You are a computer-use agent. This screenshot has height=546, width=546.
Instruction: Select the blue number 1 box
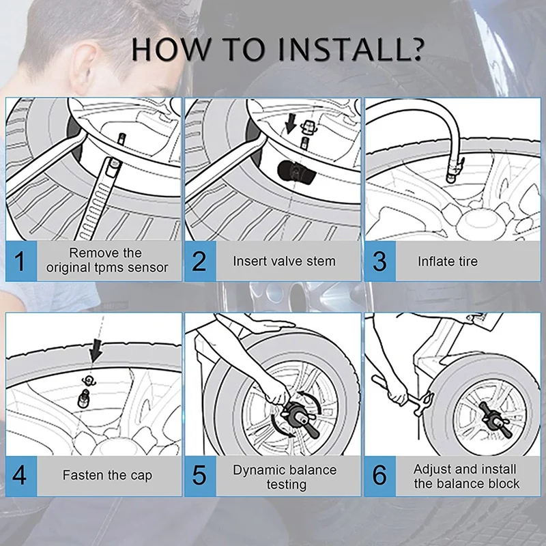click(x=21, y=261)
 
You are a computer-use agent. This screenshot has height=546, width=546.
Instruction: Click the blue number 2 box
click(x=201, y=261)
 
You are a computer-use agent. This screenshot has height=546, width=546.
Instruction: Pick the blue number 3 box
click(x=380, y=261)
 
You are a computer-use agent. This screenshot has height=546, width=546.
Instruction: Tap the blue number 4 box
click(x=21, y=476)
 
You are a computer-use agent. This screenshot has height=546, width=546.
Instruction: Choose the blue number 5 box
click(x=201, y=476)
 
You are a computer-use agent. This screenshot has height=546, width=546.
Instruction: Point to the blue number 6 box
click(x=380, y=476)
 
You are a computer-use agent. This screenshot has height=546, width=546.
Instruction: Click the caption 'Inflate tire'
click(x=448, y=261)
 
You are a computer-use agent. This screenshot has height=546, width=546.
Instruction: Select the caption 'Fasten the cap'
click(x=107, y=475)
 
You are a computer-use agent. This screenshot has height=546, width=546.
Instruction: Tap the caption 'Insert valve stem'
click(x=284, y=261)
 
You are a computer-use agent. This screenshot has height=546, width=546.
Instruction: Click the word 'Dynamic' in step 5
click(x=258, y=470)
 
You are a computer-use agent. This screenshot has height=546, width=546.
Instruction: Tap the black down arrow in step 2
click(x=290, y=124)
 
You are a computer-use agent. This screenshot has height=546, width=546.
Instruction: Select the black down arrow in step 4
click(x=96, y=351)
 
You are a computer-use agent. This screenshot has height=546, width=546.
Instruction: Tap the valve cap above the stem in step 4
click(x=88, y=380)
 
